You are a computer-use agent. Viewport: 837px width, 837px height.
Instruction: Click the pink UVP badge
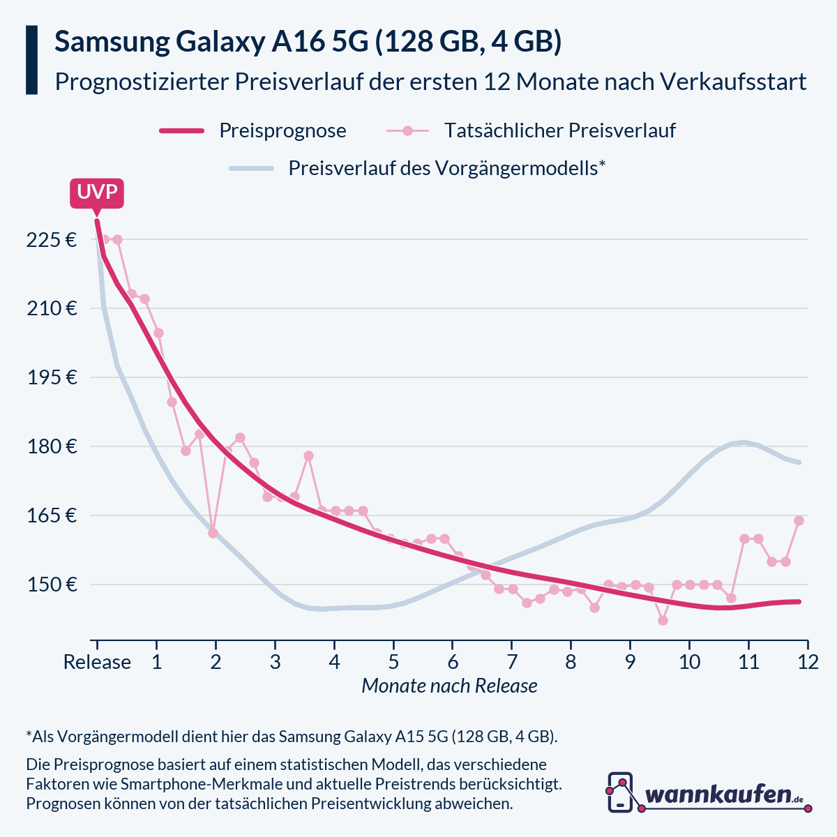coord(97,193)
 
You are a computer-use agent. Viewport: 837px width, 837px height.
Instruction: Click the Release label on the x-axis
coord(97,662)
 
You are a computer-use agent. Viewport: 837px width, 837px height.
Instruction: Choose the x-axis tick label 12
coord(808,662)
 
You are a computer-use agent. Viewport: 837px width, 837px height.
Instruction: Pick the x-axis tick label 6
coord(453,662)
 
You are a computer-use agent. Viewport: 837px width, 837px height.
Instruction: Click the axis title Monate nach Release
coord(449,686)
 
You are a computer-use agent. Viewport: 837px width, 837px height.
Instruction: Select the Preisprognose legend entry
coord(282,130)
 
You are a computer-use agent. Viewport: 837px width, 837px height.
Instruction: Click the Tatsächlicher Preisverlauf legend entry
coord(559,130)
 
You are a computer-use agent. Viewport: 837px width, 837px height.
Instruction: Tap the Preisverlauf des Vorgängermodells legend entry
coord(446,168)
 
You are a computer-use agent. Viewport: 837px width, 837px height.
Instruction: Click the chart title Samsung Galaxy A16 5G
coord(308,43)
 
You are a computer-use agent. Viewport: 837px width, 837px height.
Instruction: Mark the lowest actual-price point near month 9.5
coord(663,620)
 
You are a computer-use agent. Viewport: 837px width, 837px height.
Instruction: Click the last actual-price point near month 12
coord(799,520)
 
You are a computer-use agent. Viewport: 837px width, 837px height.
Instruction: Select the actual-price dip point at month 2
coord(213,533)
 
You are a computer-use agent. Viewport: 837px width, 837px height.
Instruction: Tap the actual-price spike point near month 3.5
coord(308,455)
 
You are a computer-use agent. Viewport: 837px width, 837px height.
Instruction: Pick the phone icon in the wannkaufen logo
coord(620,792)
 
